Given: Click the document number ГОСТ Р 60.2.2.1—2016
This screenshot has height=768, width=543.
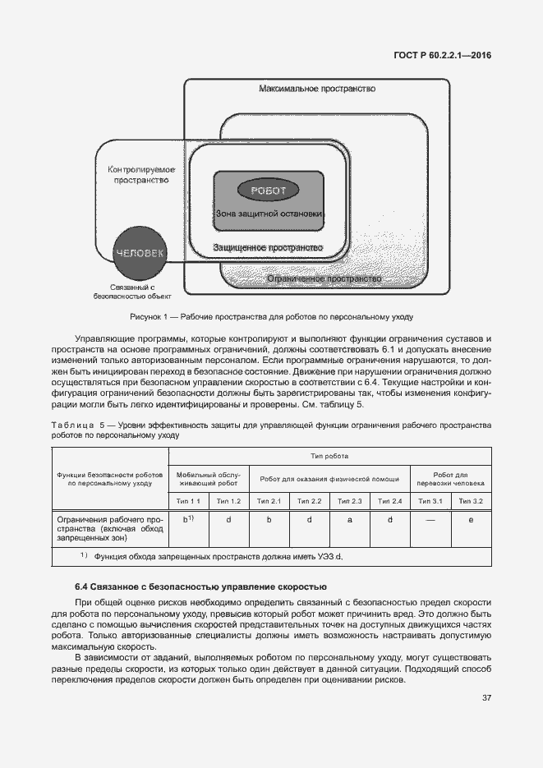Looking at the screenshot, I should pyautogui.click(x=444, y=57).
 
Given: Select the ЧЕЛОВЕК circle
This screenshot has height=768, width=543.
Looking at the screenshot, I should pyautogui.click(x=141, y=253).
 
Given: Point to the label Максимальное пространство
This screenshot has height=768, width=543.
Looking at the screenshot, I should pyautogui.click(x=317, y=88).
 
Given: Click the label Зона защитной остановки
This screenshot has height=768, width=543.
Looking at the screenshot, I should pyautogui.click(x=269, y=214).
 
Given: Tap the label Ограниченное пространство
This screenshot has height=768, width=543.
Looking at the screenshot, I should pyautogui.click(x=324, y=279).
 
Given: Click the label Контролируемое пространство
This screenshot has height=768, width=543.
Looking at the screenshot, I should pyautogui.click(x=142, y=174).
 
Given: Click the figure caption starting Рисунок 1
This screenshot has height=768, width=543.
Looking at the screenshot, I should pyautogui.click(x=271, y=316).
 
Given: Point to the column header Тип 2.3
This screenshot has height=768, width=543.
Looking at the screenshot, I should pyautogui.click(x=350, y=501).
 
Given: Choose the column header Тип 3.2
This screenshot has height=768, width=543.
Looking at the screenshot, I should pyautogui.click(x=471, y=501).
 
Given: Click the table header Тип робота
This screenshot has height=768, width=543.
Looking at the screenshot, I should pyautogui.click(x=329, y=456).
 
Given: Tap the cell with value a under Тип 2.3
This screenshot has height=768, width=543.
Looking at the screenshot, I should pyautogui.click(x=350, y=520).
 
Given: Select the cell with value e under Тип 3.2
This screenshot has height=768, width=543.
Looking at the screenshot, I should pyautogui.click(x=471, y=520).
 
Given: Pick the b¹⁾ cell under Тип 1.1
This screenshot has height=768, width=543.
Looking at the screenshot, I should pyautogui.click(x=188, y=520).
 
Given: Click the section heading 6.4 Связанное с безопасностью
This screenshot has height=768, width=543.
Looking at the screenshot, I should pyautogui.click(x=200, y=586).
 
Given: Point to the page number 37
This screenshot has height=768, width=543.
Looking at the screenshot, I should pyautogui.click(x=486, y=698).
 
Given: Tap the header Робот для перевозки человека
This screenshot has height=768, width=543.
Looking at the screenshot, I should pyautogui.click(x=450, y=478).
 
